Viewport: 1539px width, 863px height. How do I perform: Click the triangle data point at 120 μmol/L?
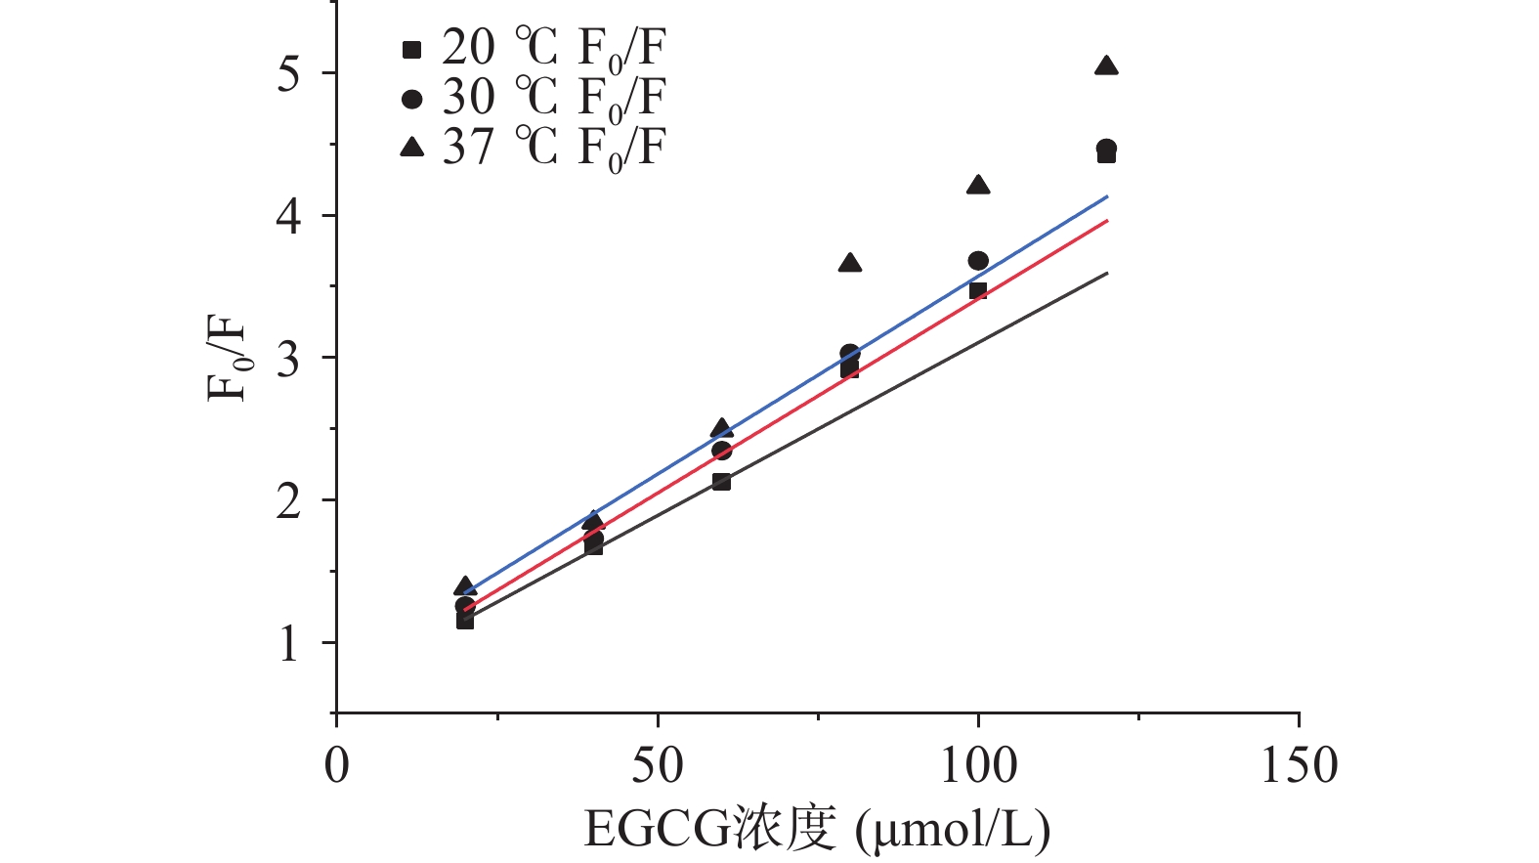pyautogui.click(x=1106, y=66)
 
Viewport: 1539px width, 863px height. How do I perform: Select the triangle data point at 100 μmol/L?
pyautogui.click(x=978, y=186)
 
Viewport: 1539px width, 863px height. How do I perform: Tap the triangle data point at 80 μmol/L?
pyautogui.click(x=850, y=263)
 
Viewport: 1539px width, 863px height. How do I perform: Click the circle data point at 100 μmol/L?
pyautogui.click(x=978, y=261)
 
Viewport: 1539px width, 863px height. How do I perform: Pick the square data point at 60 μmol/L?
pyautogui.click(x=721, y=482)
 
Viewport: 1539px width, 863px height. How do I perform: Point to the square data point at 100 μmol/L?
pyautogui.click(x=978, y=291)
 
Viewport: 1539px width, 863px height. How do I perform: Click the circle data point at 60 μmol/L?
pyautogui.click(x=721, y=451)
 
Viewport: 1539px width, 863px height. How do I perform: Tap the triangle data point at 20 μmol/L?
pyautogui.click(x=465, y=586)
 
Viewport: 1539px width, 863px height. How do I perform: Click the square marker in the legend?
pyautogui.click(x=412, y=49)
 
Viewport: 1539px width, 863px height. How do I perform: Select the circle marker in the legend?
pyautogui.click(x=412, y=99)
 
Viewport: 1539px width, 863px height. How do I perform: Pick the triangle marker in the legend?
pyautogui.click(x=412, y=148)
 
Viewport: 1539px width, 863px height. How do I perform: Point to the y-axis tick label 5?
pyautogui.click(x=289, y=73)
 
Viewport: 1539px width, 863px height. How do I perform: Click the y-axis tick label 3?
pyautogui.click(x=289, y=359)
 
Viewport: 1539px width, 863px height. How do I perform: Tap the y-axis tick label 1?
pyautogui.click(x=289, y=644)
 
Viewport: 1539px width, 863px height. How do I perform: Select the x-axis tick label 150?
pyautogui.click(x=1299, y=765)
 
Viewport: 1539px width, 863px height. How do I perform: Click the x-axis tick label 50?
pyautogui.click(x=657, y=765)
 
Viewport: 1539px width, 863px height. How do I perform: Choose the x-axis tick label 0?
pyautogui.click(x=336, y=765)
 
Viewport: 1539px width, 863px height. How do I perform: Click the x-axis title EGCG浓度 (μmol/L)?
pyautogui.click(x=817, y=830)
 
